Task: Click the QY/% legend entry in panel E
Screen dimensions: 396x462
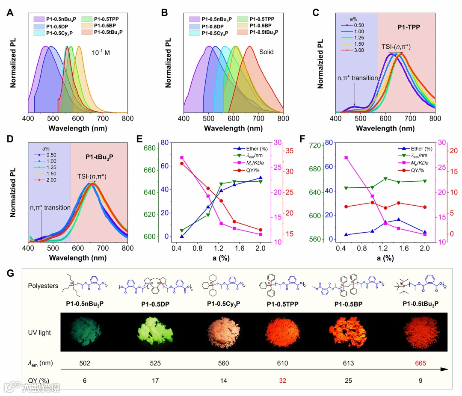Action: (x=247, y=170)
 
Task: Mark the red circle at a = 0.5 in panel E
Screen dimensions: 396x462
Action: (x=181, y=163)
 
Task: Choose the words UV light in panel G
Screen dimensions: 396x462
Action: (x=44, y=332)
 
